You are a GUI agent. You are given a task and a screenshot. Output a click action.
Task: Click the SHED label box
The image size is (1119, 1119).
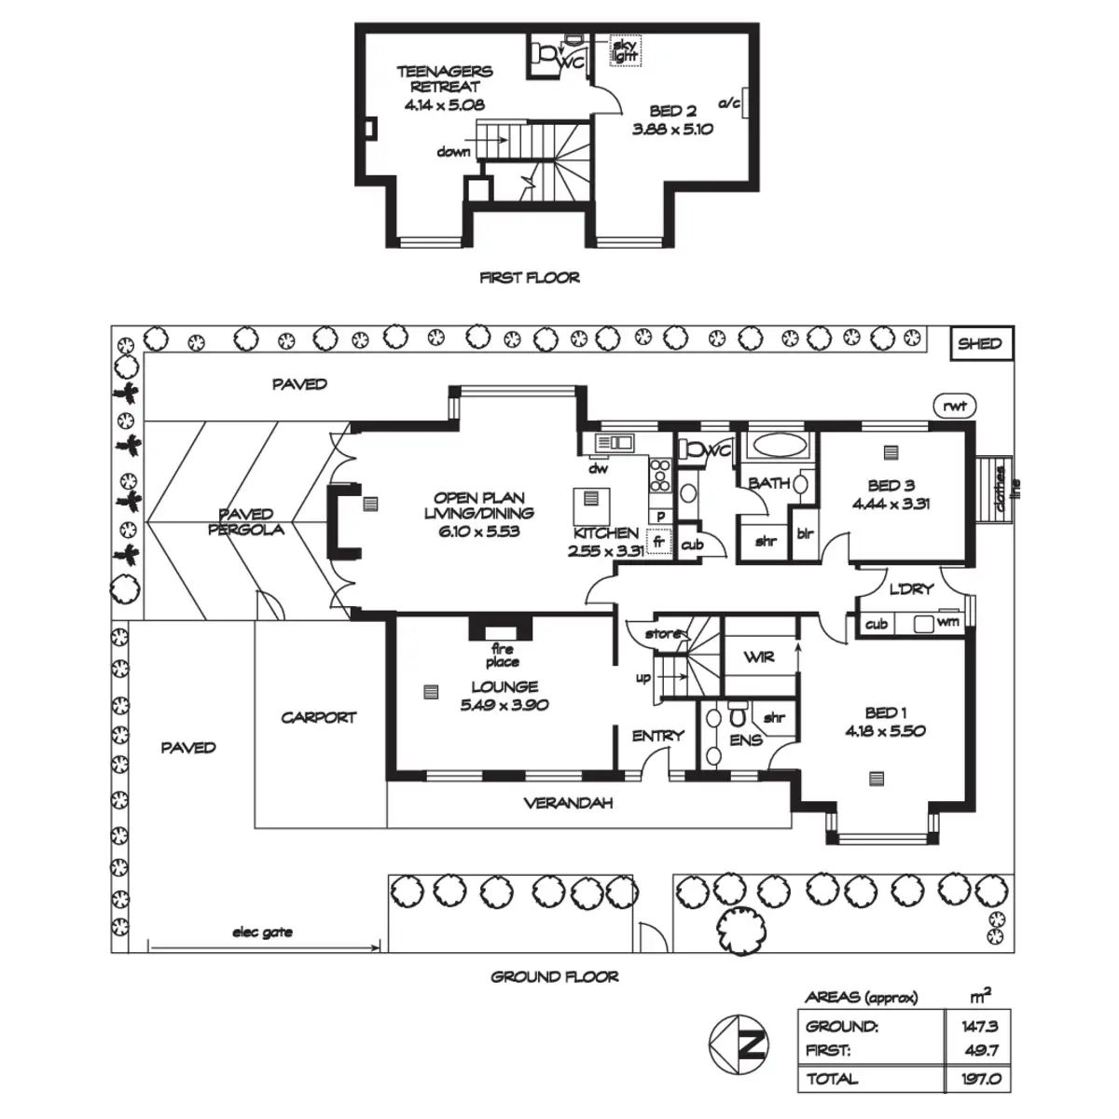(981, 343)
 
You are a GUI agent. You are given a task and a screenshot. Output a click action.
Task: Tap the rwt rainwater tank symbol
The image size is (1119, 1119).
(954, 406)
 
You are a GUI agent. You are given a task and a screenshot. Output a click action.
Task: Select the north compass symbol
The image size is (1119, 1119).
(738, 1044)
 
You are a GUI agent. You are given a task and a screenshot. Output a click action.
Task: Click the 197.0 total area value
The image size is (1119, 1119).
(981, 1078)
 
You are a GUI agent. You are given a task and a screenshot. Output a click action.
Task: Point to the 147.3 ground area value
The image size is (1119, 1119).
(980, 1026)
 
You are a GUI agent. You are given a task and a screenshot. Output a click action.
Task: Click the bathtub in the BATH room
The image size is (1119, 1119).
(780, 446)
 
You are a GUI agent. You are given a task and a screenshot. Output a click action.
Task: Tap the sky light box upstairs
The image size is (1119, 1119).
(625, 50)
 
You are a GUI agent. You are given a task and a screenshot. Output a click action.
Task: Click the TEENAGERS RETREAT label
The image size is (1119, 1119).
(445, 79)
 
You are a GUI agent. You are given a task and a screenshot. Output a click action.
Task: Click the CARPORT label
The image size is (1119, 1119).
(318, 718)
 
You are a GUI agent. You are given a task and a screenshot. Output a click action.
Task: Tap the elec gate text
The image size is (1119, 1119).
(262, 932)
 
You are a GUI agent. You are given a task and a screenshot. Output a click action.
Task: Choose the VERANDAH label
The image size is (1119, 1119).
(568, 803)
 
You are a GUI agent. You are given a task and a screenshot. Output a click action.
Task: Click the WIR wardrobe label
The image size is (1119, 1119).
(758, 656)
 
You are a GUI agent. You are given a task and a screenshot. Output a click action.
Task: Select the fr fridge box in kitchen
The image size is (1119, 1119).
(658, 541)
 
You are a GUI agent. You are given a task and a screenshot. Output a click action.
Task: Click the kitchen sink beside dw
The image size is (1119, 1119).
(615, 443)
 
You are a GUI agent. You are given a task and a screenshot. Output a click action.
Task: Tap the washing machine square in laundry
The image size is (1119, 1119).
(923, 624)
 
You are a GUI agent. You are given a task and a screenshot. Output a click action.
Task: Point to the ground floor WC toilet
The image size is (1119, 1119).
(690, 449)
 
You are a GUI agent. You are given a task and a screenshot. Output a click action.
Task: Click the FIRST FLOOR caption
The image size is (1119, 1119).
(530, 278)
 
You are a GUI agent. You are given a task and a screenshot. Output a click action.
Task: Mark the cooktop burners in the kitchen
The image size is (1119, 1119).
(660, 476)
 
